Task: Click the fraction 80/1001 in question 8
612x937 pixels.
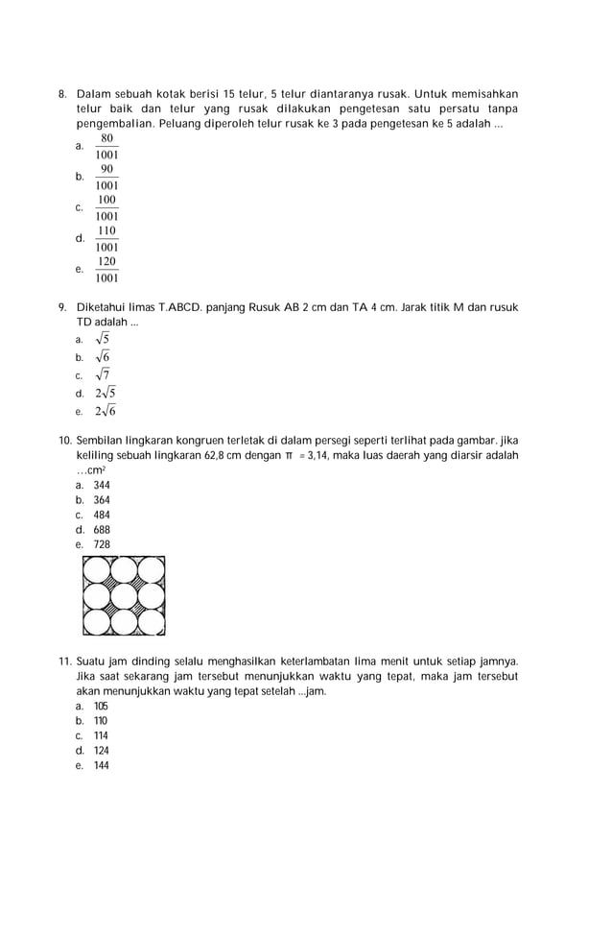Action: pyautogui.click(x=106, y=146)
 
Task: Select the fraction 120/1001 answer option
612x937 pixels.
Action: pyautogui.click(x=106, y=271)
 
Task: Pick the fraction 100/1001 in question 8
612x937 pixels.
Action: pyautogui.click(x=106, y=208)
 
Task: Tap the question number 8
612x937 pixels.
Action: pyautogui.click(x=62, y=94)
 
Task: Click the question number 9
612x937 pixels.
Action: pyautogui.click(x=62, y=307)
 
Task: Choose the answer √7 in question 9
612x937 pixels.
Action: pyautogui.click(x=102, y=374)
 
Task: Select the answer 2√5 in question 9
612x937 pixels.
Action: pyautogui.click(x=105, y=393)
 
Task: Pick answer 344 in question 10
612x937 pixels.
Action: pyautogui.click(x=102, y=486)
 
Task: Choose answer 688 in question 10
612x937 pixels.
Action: pyautogui.click(x=102, y=529)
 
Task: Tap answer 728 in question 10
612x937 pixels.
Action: pyautogui.click(x=102, y=544)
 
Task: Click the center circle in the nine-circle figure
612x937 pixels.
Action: pyautogui.click(x=124, y=596)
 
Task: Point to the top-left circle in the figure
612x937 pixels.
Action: pyautogui.click(x=97, y=570)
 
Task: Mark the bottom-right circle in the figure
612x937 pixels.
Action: pyautogui.click(x=151, y=622)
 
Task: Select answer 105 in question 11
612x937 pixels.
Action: pyautogui.click(x=101, y=707)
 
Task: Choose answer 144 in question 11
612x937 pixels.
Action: pyautogui.click(x=101, y=765)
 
